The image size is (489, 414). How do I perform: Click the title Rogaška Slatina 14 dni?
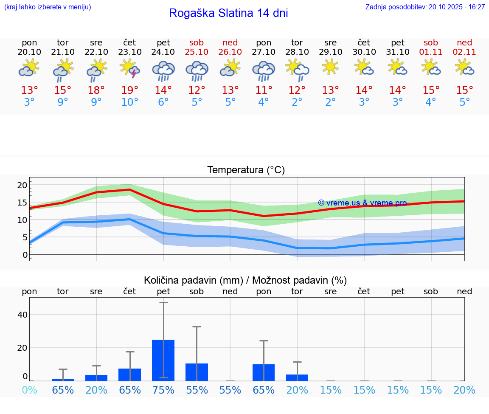click(228, 13)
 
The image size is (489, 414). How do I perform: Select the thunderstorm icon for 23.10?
click(130, 69)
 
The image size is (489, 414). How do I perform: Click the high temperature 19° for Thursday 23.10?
click(130, 90)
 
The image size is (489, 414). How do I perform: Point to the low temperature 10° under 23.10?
click(130, 102)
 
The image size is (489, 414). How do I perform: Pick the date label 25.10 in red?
click(197, 52)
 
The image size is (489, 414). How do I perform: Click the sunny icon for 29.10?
click(330, 67)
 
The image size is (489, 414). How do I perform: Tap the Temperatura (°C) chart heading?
click(246, 170)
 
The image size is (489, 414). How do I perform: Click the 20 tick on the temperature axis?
click(22, 185)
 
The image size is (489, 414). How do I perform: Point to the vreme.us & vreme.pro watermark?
click(362, 203)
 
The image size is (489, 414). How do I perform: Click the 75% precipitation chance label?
click(163, 390)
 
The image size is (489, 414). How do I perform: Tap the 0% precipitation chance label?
click(29, 390)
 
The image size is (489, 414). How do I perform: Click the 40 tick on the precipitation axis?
click(22, 315)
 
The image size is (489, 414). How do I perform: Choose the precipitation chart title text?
click(245, 280)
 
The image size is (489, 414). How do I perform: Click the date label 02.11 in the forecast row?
click(464, 52)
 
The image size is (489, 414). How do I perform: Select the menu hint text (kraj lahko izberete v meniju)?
click(48, 7)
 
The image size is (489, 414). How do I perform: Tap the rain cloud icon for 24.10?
click(163, 70)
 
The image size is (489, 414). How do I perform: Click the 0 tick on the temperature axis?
click(25, 255)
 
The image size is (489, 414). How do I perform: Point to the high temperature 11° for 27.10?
click(264, 90)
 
